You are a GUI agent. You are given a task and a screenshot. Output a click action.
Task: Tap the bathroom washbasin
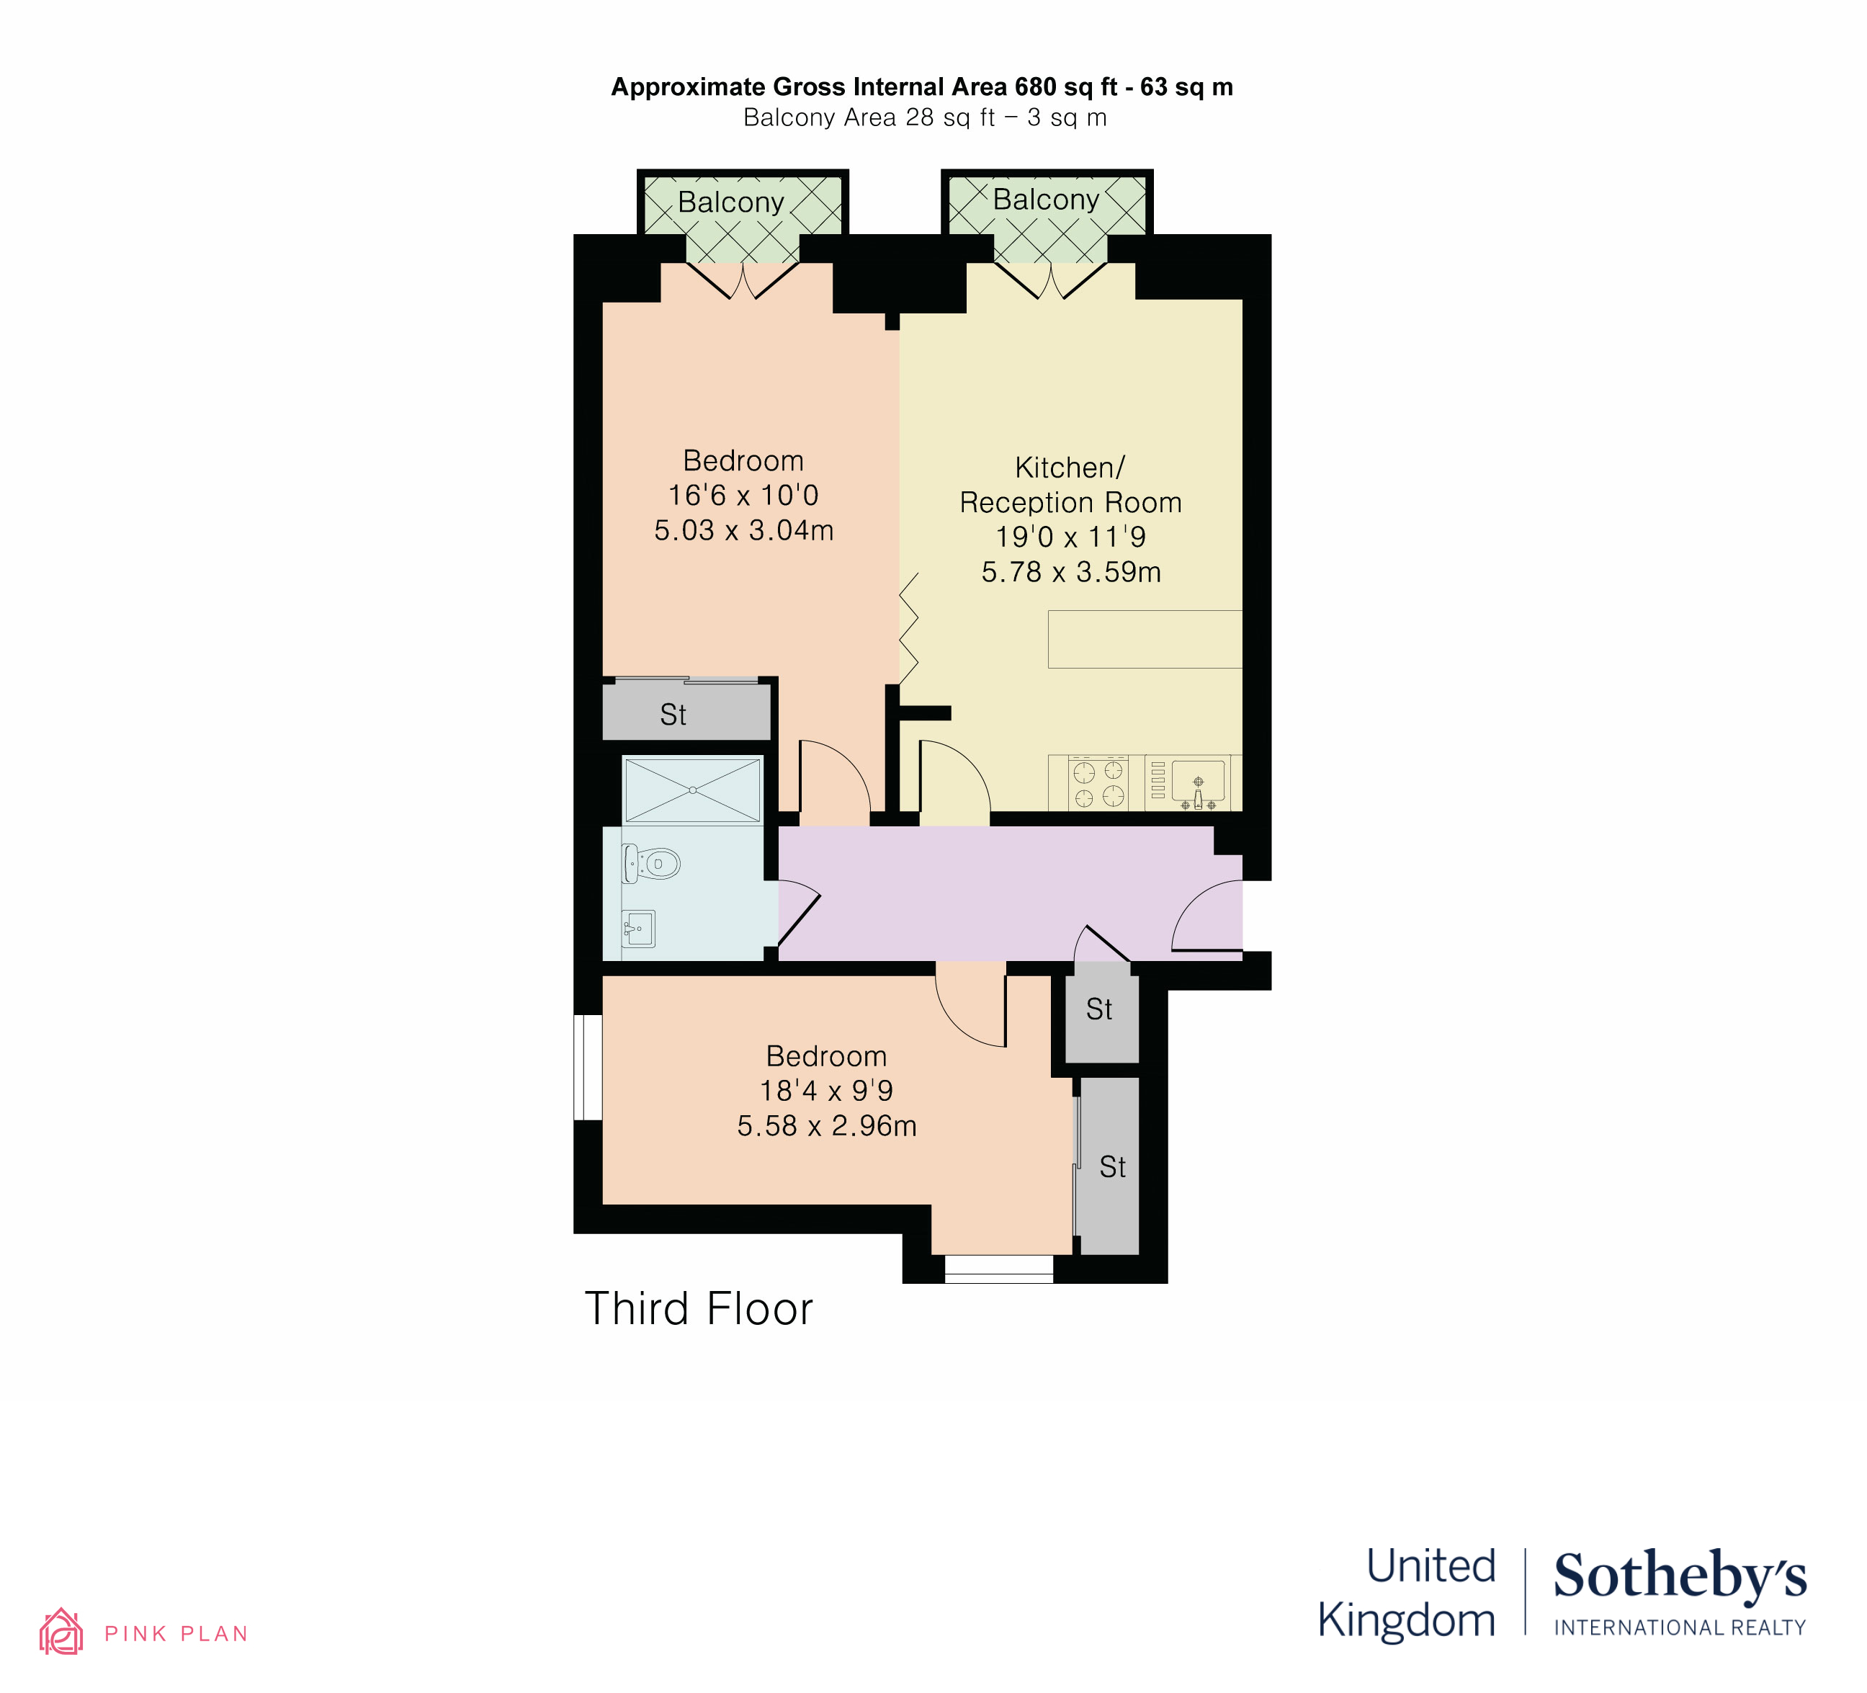click(638, 928)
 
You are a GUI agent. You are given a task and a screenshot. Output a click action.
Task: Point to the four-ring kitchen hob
click(1098, 782)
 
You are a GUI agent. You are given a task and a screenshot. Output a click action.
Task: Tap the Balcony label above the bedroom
click(730, 202)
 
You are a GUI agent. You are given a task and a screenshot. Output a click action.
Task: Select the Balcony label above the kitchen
click(1046, 199)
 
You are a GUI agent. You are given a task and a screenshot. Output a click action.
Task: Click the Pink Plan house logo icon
click(61, 1632)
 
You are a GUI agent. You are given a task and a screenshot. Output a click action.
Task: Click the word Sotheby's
click(1680, 1576)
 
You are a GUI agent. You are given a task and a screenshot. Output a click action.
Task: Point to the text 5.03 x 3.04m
click(743, 531)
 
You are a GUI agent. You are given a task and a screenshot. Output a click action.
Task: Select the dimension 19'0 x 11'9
click(1070, 537)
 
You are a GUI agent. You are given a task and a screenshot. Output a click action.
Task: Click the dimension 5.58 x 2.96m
click(827, 1126)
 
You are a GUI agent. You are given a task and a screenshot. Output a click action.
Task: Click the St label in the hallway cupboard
click(1099, 1009)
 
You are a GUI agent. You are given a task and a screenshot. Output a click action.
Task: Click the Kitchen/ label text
click(1070, 468)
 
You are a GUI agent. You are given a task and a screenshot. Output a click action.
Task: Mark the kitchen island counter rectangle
click(1145, 639)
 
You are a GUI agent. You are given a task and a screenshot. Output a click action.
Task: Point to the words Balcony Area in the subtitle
click(819, 117)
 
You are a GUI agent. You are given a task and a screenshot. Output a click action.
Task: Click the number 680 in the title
click(1035, 87)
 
